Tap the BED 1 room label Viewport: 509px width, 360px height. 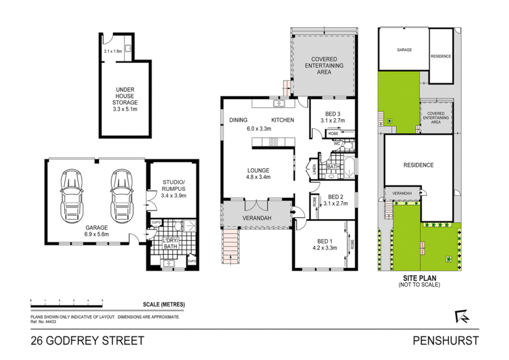[x=324, y=241]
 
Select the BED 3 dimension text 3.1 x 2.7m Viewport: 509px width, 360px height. [x=332, y=121]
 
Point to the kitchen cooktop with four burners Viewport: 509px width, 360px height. [x=273, y=142]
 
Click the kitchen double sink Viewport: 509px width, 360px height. [x=279, y=103]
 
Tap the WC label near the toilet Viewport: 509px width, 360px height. [x=337, y=144]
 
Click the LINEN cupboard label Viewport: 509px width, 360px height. [x=314, y=169]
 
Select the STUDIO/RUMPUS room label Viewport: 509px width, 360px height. [x=173, y=185]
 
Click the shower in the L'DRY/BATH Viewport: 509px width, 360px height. [x=190, y=226]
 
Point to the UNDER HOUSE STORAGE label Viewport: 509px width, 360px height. [x=125, y=96]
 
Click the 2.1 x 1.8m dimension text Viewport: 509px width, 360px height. [x=113, y=51]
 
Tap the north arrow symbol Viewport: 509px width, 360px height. [x=462, y=316]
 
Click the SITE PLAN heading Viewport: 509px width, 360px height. [x=419, y=278]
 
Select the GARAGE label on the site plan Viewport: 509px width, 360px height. [x=404, y=50]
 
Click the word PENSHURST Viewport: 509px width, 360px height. [x=445, y=341]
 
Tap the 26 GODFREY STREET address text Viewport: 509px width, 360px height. [x=87, y=341]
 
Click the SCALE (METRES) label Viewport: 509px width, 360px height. [x=164, y=304]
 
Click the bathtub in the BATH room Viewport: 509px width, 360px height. [x=349, y=168]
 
